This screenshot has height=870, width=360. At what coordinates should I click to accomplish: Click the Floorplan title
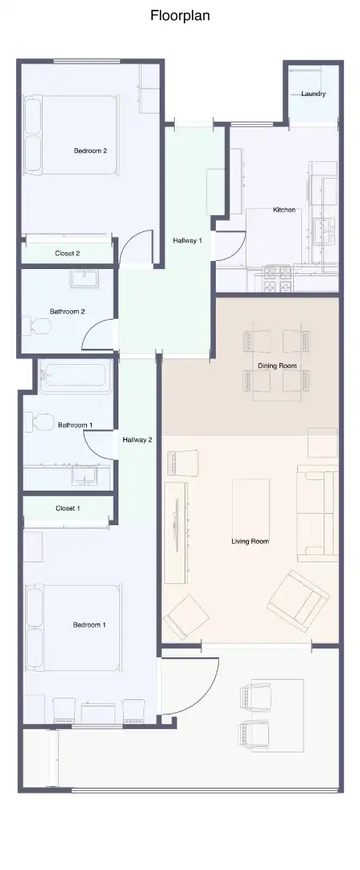(180, 16)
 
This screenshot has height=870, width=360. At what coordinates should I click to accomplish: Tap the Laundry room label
(313, 93)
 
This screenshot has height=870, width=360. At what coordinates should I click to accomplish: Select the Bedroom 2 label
(90, 151)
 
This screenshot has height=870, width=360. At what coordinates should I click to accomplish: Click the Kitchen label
(284, 209)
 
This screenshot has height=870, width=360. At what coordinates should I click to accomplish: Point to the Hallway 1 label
(188, 240)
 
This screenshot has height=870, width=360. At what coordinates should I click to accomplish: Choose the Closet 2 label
(68, 253)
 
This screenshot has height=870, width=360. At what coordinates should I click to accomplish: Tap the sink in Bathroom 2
(85, 278)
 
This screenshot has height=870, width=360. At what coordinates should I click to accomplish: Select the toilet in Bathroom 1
(39, 421)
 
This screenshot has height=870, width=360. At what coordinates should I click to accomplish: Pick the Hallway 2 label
(138, 440)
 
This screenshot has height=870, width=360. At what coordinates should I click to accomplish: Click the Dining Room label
(277, 366)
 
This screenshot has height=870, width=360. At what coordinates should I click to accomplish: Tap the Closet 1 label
(68, 508)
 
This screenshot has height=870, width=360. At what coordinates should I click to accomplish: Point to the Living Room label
(250, 541)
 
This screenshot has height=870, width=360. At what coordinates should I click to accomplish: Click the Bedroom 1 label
(89, 625)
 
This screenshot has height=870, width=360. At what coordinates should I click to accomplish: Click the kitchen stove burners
(278, 279)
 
